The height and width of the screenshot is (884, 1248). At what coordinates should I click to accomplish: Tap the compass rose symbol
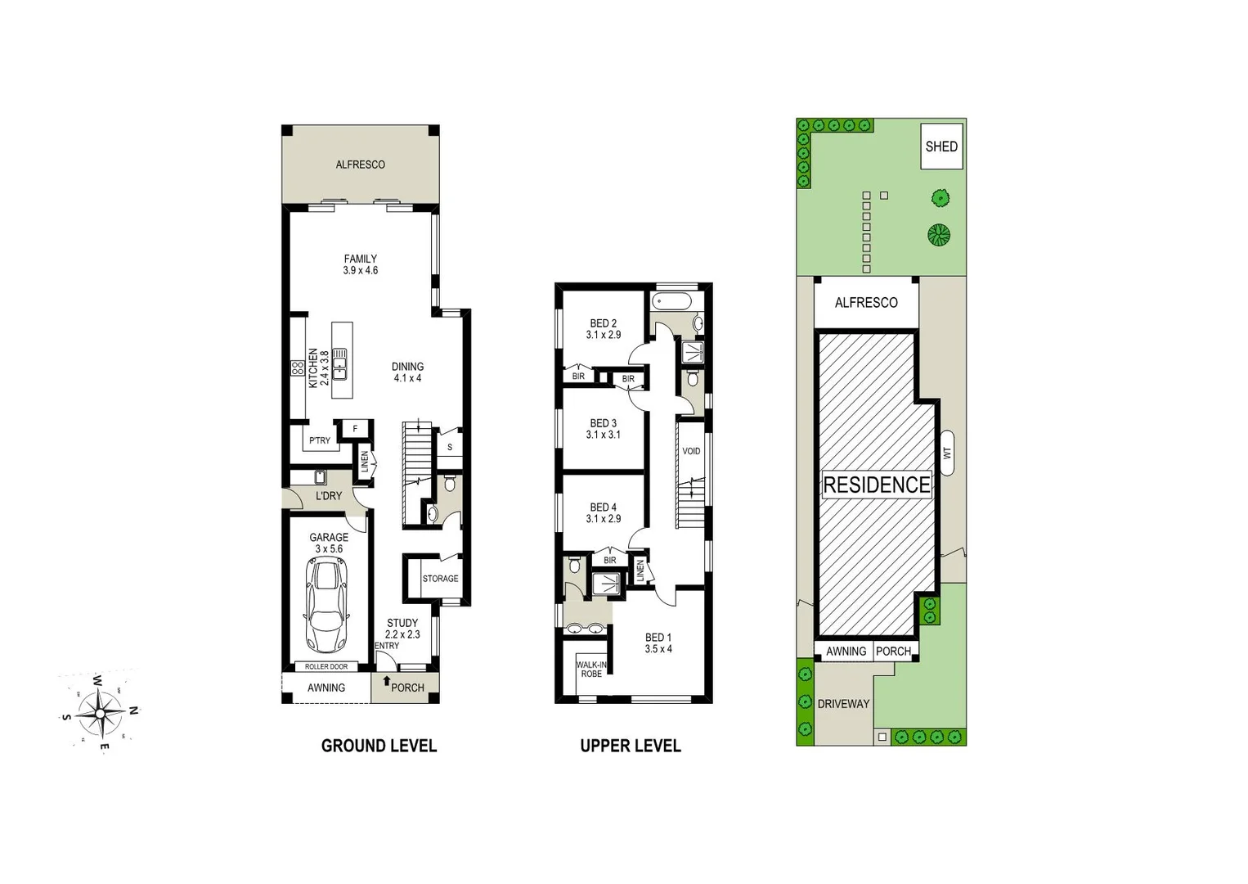pyautogui.click(x=100, y=713)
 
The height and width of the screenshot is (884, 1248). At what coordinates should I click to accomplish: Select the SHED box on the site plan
pyautogui.click(x=940, y=147)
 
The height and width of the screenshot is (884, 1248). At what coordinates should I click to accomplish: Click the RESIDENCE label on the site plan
pyautogui.click(x=876, y=485)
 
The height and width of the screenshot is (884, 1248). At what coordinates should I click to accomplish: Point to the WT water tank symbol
pyautogui.click(x=947, y=451)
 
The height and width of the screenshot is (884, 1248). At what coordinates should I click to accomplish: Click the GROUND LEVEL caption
pyautogui.click(x=379, y=746)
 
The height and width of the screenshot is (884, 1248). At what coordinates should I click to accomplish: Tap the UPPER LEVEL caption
pyautogui.click(x=630, y=746)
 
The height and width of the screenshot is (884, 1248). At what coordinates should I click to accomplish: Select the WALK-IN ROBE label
pyautogui.click(x=591, y=670)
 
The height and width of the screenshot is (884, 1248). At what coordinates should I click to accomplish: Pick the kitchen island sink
pyautogui.click(x=339, y=364)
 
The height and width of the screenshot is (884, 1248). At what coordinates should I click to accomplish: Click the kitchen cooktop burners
pyautogui.click(x=297, y=368)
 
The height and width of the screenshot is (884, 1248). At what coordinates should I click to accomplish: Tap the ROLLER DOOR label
pyautogui.click(x=326, y=666)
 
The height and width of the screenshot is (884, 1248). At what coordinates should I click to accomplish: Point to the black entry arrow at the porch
pyautogui.click(x=386, y=681)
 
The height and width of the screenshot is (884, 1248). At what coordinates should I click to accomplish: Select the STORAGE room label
pyautogui.click(x=440, y=579)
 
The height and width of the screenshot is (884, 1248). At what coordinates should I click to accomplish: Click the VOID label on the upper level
pyautogui.click(x=691, y=451)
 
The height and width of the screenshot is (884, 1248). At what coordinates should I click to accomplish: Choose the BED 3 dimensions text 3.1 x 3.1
pyautogui.click(x=603, y=435)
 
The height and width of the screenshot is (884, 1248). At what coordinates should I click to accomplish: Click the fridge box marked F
pyautogui.click(x=355, y=428)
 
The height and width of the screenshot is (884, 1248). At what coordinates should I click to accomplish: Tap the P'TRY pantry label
pyautogui.click(x=319, y=440)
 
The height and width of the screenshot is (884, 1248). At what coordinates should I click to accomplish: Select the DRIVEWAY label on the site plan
pyautogui.click(x=843, y=704)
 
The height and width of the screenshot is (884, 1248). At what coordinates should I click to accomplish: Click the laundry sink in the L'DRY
pyautogui.click(x=321, y=477)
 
